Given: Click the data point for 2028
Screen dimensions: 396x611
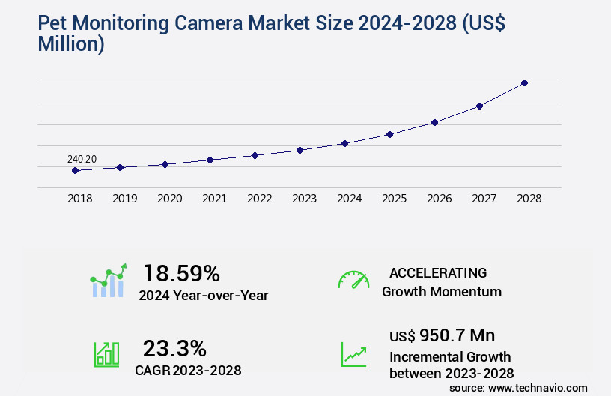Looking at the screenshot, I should point(524,82).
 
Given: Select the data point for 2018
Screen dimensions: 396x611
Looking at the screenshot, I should point(75,170).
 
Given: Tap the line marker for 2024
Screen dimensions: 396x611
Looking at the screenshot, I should point(344,143).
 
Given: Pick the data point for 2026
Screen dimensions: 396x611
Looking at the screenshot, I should point(434,122).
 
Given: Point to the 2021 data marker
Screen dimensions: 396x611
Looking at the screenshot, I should point(210,160).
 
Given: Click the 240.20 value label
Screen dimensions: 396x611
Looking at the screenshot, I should point(82,159).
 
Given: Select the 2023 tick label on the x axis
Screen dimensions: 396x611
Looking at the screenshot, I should point(304,199).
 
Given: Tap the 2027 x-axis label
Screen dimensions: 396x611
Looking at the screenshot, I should point(484,199).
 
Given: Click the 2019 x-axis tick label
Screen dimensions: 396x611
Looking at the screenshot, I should point(124,199).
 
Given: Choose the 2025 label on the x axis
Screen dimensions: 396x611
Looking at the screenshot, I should point(394,199).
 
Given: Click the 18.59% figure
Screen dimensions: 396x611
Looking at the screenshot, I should point(181,273).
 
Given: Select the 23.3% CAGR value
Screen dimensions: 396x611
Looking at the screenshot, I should point(174,348).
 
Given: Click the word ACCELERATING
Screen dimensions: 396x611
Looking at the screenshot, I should point(438,273).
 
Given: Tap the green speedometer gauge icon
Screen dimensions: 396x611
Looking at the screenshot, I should point(353,280).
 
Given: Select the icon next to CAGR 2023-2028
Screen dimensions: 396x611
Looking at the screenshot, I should point(106,354).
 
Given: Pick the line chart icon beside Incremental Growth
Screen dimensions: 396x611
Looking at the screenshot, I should point(353,354).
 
